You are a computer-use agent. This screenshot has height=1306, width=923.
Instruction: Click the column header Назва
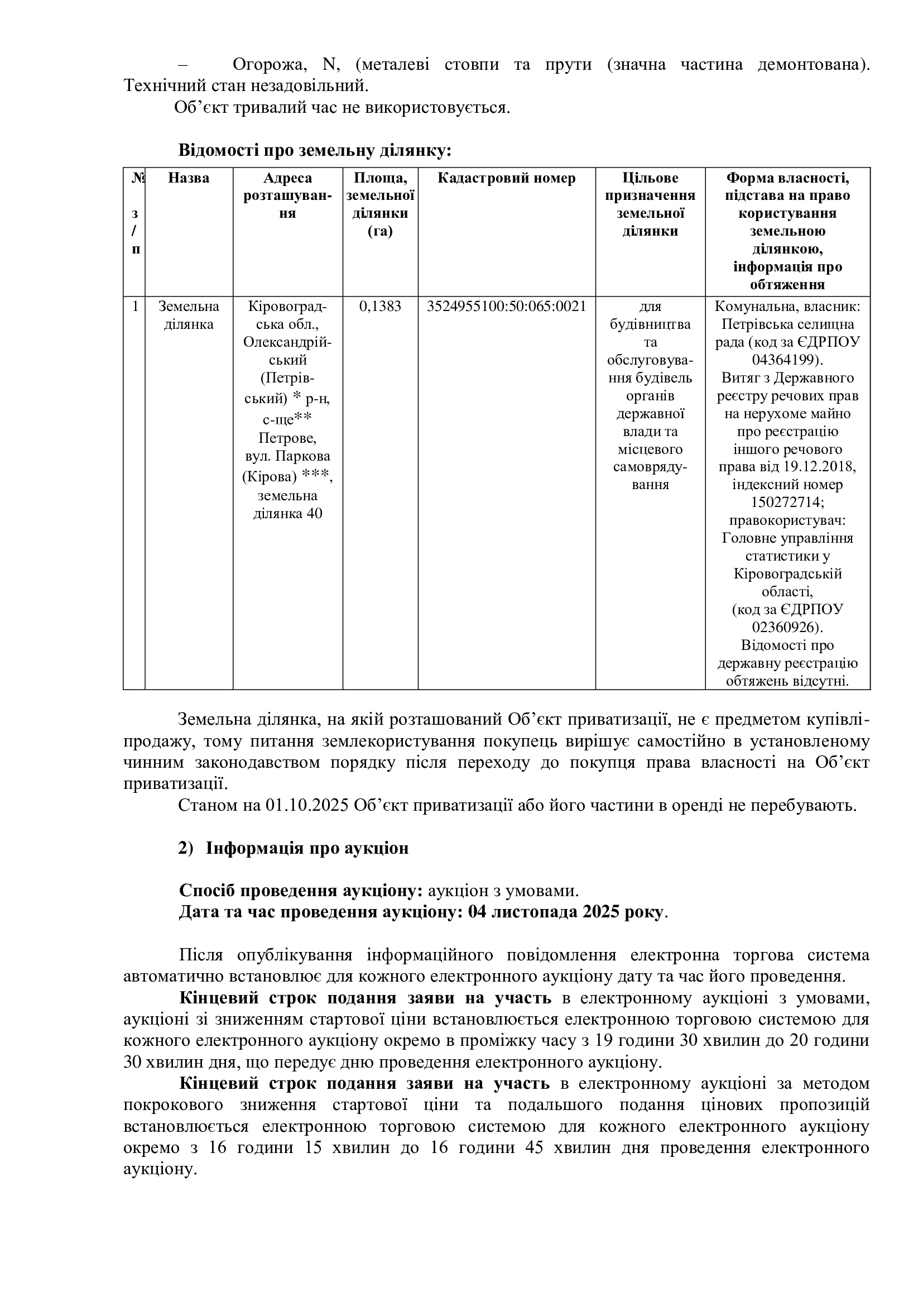click(x=188, y=179)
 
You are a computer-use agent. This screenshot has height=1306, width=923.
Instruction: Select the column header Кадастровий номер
click(x=506, y=179)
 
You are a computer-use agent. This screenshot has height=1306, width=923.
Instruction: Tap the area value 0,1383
click(x=379, y=307)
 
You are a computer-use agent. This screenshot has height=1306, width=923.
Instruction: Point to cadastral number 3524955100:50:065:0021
click(x=506, y=307)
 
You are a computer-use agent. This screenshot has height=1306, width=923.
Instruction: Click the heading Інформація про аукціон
click(x=307, y=849)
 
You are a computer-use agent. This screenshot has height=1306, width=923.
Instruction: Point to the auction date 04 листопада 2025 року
click(x=565, y=912)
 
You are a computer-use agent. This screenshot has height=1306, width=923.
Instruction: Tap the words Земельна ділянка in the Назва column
click(x=188, y=315)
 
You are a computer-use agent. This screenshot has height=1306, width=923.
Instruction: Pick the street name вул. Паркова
click(x=287, y=456)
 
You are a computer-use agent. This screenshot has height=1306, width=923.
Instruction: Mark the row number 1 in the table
click(x=134, y=307)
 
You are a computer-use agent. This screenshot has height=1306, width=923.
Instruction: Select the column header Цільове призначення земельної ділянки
click(x=650, y=205)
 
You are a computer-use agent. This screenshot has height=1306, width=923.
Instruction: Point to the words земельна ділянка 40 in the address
click(x=287, y=505)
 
